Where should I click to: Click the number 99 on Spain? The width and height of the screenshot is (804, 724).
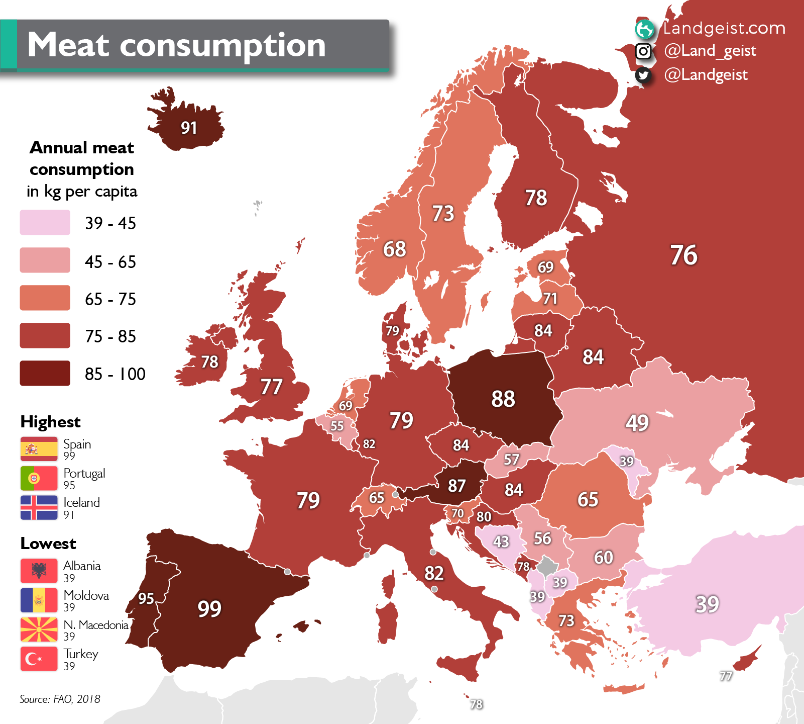coord(209,609)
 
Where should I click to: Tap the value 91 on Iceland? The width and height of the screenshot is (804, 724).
coord(189,128)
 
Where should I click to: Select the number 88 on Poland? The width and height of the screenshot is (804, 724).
coord(503,399)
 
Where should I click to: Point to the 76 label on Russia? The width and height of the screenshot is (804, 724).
coord(683,255)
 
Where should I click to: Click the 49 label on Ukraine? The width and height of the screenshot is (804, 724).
coord(637,423)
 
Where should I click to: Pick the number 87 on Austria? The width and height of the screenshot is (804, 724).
coord(456,486)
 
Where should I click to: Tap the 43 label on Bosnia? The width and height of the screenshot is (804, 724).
coord(501,541)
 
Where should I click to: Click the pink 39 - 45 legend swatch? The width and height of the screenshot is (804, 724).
coord(45,223)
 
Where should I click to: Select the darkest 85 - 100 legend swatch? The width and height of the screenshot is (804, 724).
coord(45,373)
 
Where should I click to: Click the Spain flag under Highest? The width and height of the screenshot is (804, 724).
coord(39,449)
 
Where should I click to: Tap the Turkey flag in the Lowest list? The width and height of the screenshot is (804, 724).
coord(39,659)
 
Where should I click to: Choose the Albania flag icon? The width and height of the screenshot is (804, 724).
coord(39,571)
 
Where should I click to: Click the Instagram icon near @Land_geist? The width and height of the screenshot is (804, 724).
coord(643,51)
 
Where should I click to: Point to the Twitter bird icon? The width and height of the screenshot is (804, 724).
coord(643,75)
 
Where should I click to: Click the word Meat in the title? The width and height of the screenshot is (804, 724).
coord(68,45)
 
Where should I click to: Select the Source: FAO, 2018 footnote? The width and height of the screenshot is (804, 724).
coord(60,699)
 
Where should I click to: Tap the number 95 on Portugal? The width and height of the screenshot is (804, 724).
coord(146,598)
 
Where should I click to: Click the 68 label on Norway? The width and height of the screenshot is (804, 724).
coord(394,249)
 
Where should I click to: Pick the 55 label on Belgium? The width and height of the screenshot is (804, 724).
coord(337,426)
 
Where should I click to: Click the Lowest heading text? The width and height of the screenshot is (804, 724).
coord(48,544)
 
